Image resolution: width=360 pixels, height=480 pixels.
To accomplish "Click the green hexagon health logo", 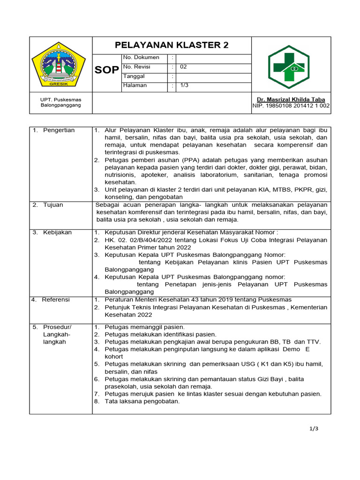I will pyautogui.click(x=288, y=67).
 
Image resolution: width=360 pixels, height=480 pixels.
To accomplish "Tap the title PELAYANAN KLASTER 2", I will pyautogui.click(x=172, y=45).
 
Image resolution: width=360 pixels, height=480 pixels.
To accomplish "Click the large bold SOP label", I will pyautogui.click(x=107, y=70).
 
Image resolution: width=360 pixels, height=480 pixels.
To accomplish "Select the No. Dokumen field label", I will pyautogui.click(x=141, y=58).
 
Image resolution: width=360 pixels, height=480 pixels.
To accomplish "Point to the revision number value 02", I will pyautogui.click(x=183, y=67).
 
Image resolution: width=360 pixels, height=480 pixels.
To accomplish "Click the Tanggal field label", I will pyautogui.click(x=134, y=76).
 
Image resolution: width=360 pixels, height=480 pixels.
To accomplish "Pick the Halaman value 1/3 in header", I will pyautogui.click(x=185, y=85).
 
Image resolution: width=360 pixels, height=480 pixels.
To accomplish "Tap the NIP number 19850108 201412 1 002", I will pyautogui.click(x=291, y=106).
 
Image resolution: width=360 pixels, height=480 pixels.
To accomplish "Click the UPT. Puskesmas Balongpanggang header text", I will pyautogui.click(x=61, y=102).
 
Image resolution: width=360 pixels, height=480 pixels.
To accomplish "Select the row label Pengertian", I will pyautogui.click(x=59, y=130).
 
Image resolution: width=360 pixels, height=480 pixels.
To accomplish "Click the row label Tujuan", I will pyautogui.click(x=53, y=205).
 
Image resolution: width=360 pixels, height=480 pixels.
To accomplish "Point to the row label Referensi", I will pyautogui.click(x=56, y=300).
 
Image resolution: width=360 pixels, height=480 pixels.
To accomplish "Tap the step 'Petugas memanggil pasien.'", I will pyautogui.click(x=145, y=327).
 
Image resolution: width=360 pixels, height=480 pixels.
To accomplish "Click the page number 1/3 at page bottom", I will pyautogui.click(x=314, y=428).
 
